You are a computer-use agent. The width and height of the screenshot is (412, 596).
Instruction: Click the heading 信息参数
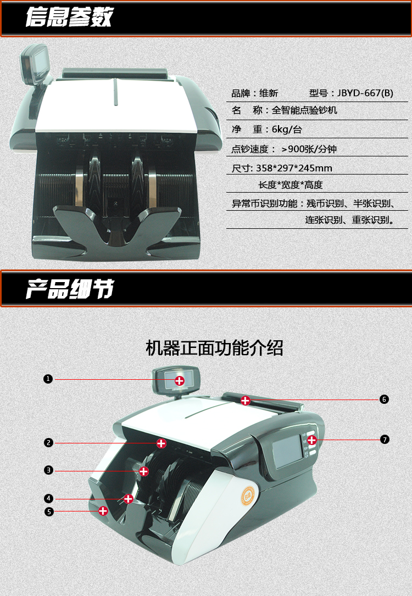click(70, 17)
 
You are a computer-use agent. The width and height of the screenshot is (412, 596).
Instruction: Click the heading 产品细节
click(70, 289)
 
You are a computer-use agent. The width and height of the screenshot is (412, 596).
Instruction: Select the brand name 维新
click(269, 93)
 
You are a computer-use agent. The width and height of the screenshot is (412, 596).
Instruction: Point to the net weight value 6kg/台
click(287, 130)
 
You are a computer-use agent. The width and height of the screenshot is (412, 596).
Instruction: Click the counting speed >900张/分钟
click(309, 149)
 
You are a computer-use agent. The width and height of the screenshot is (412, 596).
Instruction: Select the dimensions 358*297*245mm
click(294, 168)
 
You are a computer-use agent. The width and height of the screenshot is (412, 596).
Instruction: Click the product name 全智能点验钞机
click(304, 110)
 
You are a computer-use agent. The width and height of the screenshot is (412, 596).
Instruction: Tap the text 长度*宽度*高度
click(291, 185)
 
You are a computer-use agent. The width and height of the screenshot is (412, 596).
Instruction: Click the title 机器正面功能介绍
click(215, 348)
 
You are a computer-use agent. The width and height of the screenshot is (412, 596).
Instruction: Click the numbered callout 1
click(48, 379)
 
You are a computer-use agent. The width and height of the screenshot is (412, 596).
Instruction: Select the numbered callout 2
click(48, 442)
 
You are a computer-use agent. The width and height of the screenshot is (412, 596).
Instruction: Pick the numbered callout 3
click(48, 470)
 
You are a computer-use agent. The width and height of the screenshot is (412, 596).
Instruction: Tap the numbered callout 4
click(48, 498)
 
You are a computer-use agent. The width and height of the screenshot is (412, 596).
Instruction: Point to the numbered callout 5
click(49, 511)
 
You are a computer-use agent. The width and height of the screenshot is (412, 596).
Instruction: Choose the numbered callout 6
click(384, 399)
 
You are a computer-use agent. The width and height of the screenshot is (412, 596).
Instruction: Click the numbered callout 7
click(385, 440)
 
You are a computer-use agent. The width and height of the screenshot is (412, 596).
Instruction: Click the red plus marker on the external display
click(180, 380)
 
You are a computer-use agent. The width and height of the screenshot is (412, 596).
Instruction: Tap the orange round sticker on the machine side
click(248, 497)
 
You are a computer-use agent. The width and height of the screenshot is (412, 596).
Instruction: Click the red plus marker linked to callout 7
click(312, 440)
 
